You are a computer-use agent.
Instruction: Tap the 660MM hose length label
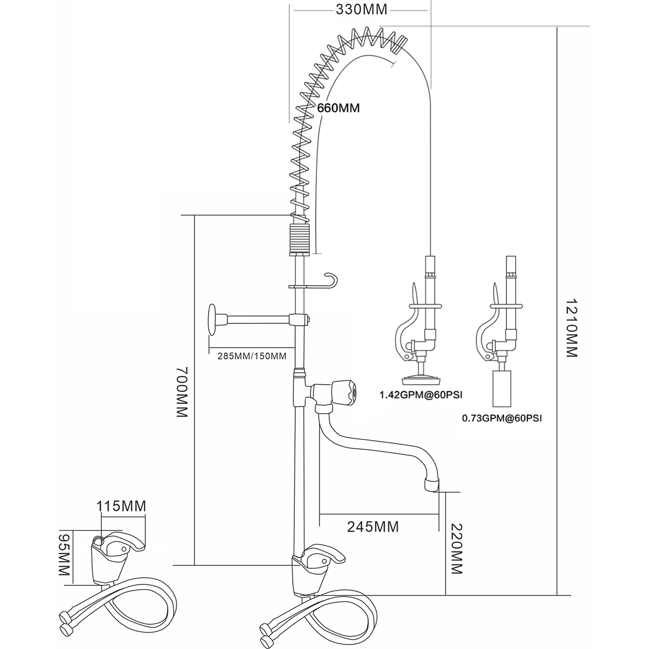[338, 108]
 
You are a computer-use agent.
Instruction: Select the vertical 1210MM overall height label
[570, 327]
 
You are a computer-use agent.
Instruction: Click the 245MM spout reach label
[373, 527]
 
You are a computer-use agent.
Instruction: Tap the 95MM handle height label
[64, 557]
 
